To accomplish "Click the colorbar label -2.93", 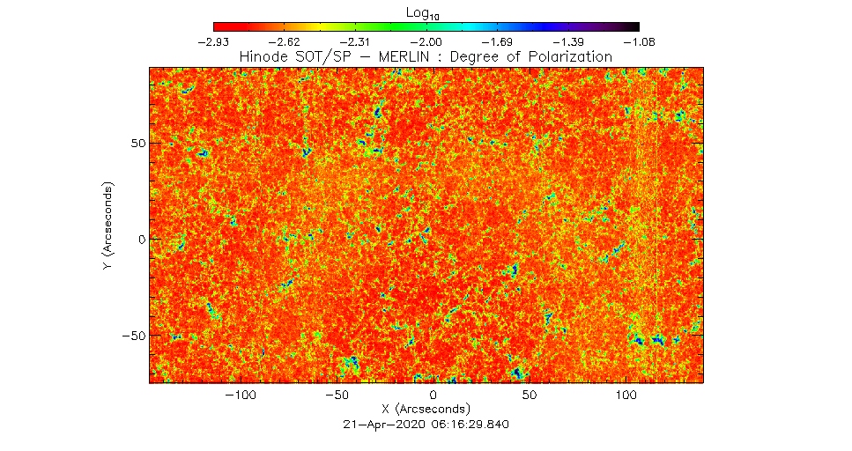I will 215,41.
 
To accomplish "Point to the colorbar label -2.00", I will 427,41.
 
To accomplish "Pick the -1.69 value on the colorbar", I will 498,41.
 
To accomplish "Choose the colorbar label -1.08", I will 638,41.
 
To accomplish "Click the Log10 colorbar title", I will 426,12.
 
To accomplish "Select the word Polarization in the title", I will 567,56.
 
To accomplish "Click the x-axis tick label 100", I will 626,396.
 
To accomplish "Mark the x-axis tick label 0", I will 433,396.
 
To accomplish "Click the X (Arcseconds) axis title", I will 426,410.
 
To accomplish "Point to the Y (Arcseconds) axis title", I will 107,226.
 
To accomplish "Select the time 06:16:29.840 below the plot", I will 466,424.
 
